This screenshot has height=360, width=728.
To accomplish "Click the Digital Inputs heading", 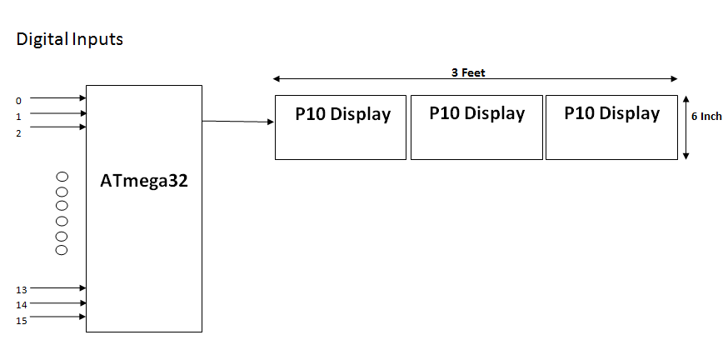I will [70, 39].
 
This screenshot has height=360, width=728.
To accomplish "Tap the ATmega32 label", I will [145, 180].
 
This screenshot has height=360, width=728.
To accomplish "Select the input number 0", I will [18, 101].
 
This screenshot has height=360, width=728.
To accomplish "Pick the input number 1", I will [18, 117].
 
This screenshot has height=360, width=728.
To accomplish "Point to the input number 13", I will [22, 290].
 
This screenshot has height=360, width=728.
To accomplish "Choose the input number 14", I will [22, 305].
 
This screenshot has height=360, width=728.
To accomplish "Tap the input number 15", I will [22, 320].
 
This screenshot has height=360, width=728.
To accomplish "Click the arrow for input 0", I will [58, 97].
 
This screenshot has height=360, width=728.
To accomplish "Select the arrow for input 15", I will [58, 317].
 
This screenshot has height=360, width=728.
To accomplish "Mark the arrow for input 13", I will [58, 287].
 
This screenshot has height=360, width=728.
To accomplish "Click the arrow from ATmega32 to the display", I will [238, 122].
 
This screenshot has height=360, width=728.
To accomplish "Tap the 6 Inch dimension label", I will [706, 117].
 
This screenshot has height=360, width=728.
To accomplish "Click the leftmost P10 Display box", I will [342, 127].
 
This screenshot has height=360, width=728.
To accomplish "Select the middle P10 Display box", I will [476, 127].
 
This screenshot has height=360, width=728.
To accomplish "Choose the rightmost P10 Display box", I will [611, 127].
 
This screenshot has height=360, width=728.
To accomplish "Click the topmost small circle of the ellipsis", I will [62, 176].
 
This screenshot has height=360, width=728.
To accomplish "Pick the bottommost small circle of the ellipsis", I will [62, 249].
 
